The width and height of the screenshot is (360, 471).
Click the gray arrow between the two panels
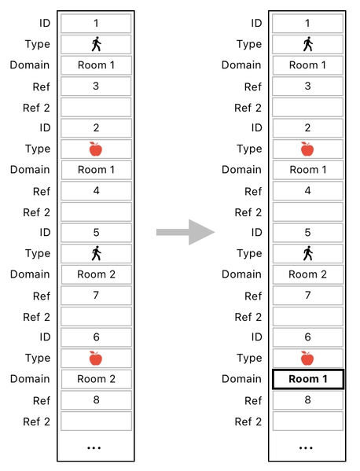click(186, 232)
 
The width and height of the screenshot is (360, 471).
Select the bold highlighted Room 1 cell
click(307, 379)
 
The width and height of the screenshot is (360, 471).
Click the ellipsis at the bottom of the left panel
click(95, 447)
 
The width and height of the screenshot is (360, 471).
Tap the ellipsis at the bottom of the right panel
click(307, 447)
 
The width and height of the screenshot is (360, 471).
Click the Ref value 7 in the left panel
click(96, 296)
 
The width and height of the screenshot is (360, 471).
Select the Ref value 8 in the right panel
click(307, 400)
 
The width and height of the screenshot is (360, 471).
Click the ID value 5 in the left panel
click(96, 233)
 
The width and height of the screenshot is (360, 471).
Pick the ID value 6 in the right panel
click(307, 337)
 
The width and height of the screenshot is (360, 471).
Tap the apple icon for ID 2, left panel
click(96, 149)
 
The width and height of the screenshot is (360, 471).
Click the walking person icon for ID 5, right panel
click(307, 253)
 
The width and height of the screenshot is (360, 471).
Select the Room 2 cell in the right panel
click(307, 274)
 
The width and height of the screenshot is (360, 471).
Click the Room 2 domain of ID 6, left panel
click(96, 379)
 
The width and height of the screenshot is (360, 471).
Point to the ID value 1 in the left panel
click(96, 24)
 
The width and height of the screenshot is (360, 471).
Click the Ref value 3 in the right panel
click(307, 86)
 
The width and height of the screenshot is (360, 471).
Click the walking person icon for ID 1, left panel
click(96, 44)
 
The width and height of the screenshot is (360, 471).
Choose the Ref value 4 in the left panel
click(96, 191)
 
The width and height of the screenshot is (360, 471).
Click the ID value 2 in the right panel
click(307, 128)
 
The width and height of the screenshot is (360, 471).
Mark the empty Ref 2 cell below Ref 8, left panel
click(96, 421)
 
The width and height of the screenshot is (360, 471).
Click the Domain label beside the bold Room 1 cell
click(241, 379)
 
